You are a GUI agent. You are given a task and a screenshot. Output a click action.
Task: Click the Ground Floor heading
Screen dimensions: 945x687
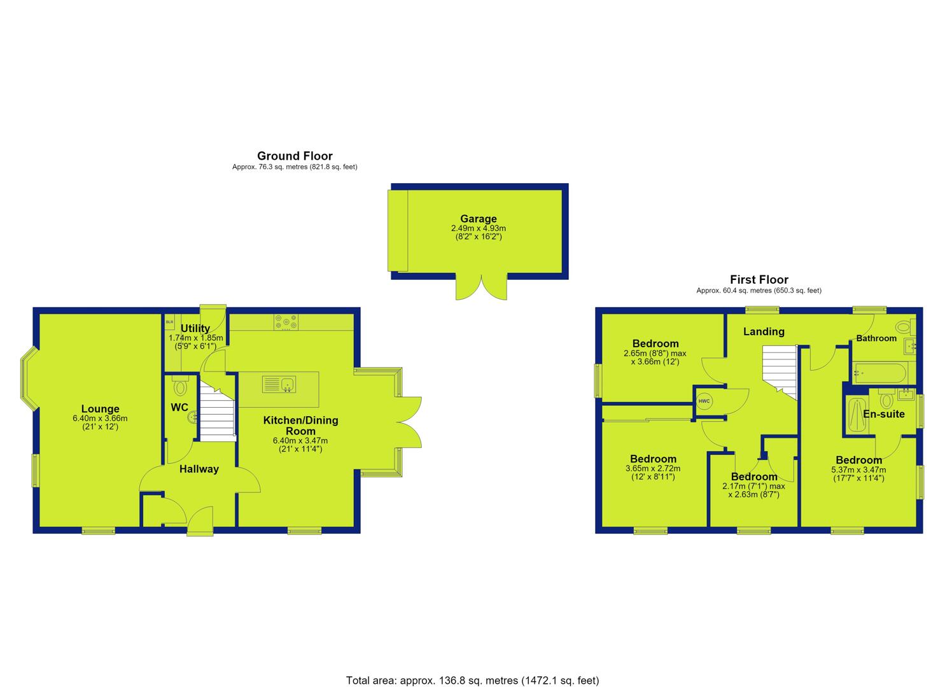click(295, 156)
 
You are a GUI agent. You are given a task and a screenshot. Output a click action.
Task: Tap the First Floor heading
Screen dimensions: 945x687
click(759, 280)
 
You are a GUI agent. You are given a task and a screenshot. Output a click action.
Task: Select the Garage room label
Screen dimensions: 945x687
click(479, 218)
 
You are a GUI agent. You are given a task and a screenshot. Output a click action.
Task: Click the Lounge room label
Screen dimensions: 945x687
click(100, 408)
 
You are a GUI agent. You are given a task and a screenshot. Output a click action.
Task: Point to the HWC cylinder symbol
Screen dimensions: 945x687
click(704, 401)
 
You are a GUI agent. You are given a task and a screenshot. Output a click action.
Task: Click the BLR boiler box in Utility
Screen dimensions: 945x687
click(170, 323)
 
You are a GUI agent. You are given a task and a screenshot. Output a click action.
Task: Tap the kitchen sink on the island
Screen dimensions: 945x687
click(279, 385)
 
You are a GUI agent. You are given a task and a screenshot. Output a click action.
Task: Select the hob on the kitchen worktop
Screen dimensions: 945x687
click(286, 323)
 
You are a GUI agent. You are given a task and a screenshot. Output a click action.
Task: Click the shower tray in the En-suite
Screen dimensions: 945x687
click(857, 415)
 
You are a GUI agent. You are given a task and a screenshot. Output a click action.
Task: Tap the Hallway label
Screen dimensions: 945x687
click(199, 469)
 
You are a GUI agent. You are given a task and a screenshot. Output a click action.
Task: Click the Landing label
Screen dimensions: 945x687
click(764, 331)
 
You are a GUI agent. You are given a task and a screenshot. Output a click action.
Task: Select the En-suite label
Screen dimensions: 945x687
click(884, 413)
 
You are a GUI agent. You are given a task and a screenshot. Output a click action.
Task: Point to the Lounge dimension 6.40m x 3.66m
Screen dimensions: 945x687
click(100, 419)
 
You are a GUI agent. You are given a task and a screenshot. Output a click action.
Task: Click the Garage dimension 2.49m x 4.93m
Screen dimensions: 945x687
click(479, 228)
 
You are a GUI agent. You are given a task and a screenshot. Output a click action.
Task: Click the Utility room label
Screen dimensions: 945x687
click(195, 328)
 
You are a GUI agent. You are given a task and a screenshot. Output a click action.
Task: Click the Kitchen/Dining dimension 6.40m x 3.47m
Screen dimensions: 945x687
click(300, 441)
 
